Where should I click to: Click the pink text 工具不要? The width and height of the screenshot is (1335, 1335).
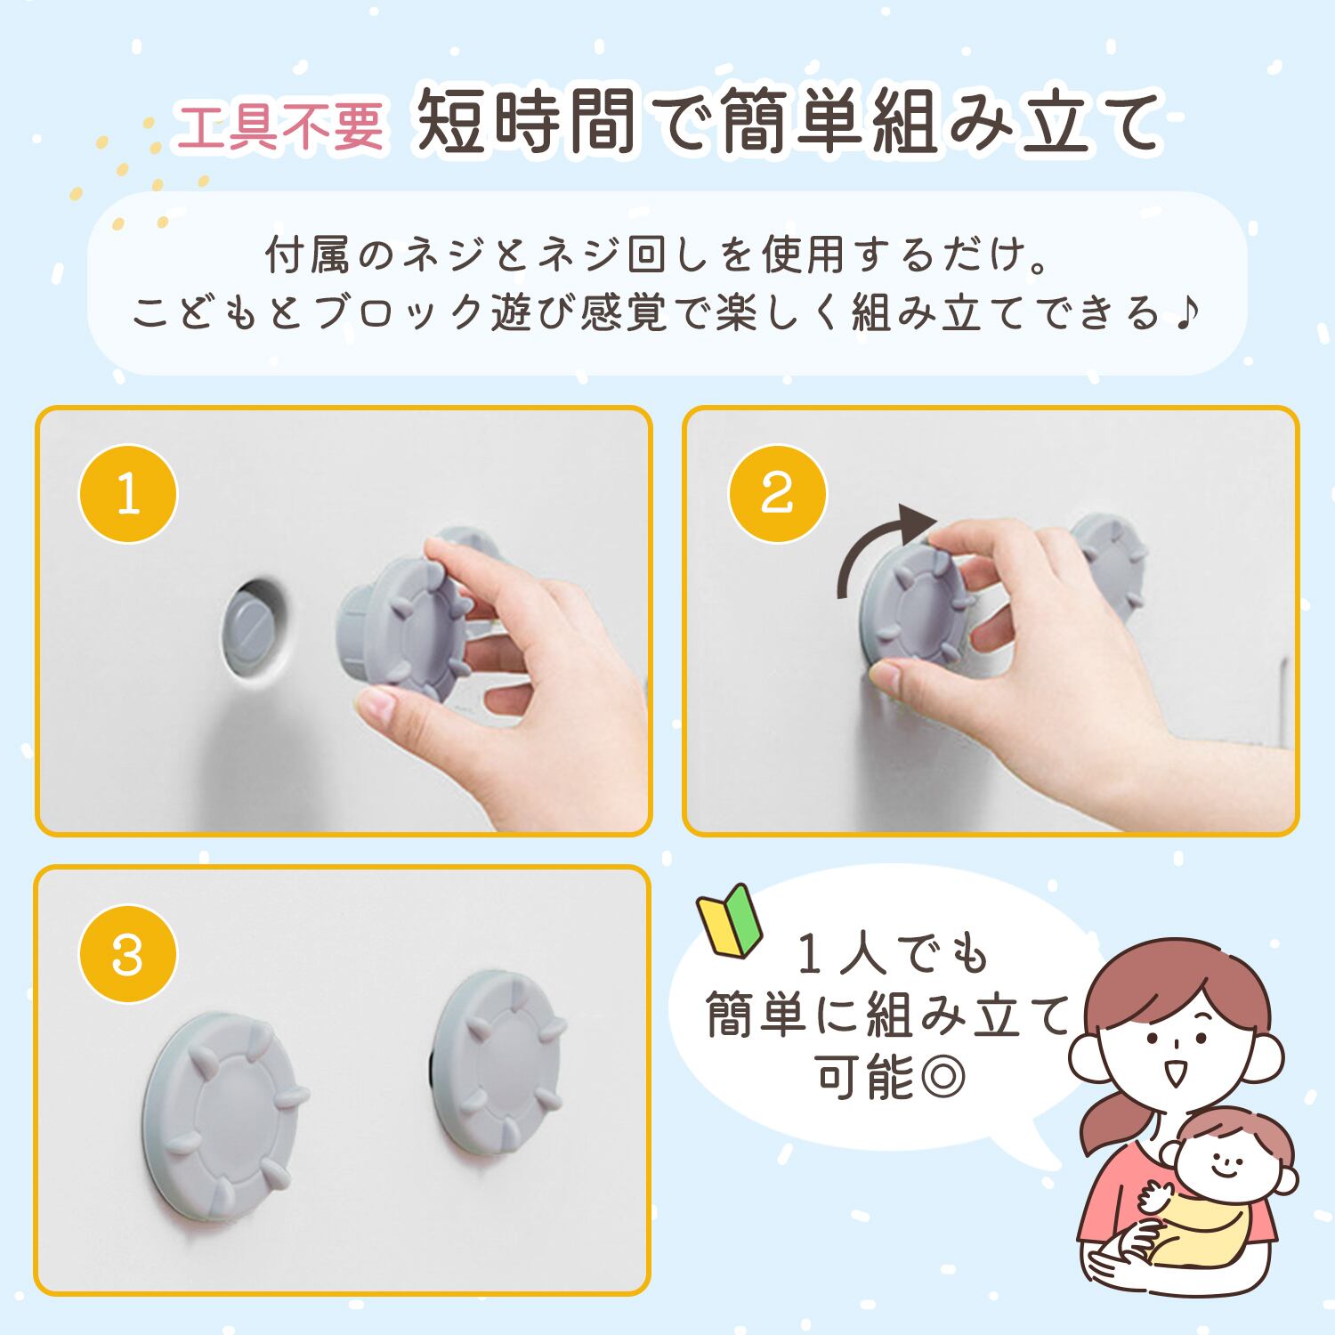tap(280, 125)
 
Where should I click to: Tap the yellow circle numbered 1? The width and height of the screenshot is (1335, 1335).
tap(128, 494)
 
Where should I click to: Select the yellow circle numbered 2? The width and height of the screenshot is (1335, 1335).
tap(777, 494)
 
